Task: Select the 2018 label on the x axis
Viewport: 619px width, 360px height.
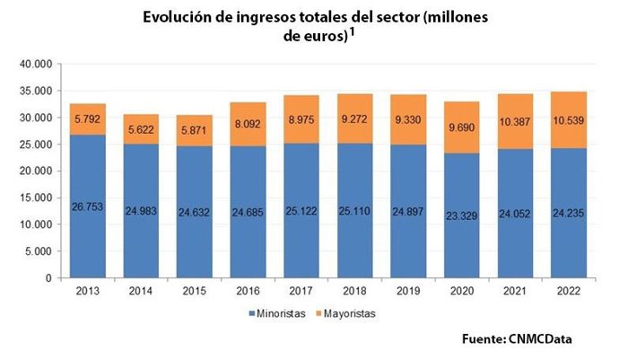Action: click(x=353, y=292)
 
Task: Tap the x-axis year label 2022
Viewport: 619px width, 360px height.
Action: click(x=569, y=292)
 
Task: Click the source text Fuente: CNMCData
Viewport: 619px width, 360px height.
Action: click(x=517, y=338)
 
